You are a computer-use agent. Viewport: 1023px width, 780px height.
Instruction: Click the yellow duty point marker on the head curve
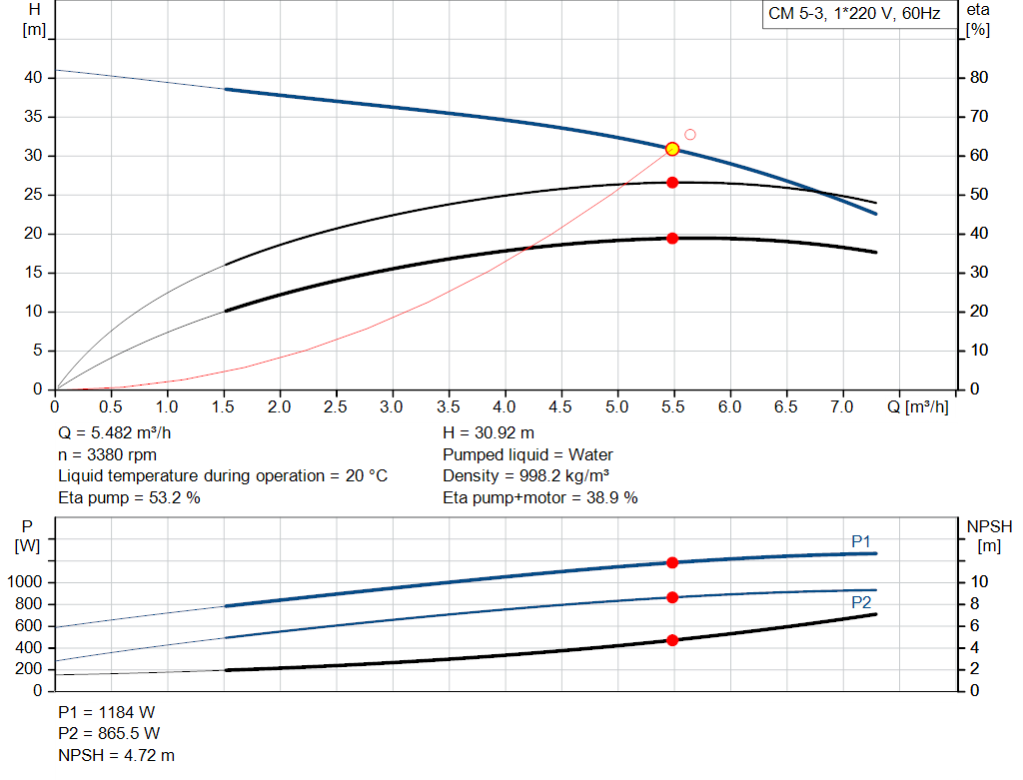[x=672, y=149]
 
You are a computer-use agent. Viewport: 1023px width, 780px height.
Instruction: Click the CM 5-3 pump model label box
[x=854, y=14]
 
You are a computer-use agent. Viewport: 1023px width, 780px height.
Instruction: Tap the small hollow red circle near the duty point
[x=689, y=135]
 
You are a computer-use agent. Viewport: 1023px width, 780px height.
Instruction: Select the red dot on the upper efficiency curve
[x=672, y=183]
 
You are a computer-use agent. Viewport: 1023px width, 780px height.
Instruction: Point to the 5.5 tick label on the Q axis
[x=673, y=407]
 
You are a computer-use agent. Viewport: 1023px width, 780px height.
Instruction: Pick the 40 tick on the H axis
[x=33, y=78]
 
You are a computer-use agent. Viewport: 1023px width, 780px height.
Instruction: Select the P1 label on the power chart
[x=861, y=541]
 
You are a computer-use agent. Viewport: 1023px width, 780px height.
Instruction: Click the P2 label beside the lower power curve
[x=861, y=603]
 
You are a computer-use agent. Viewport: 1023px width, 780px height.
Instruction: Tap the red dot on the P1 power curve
[x=672, y=563]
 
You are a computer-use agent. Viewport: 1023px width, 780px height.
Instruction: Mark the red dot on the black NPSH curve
[x=672, y=640]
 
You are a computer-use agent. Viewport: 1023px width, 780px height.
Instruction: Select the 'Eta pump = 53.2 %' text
[x=129, y=497]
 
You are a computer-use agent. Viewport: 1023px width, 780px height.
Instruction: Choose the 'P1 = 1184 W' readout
[x=107, y=712]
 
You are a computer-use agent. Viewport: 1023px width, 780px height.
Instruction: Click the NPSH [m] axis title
[x=989, y=535]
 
